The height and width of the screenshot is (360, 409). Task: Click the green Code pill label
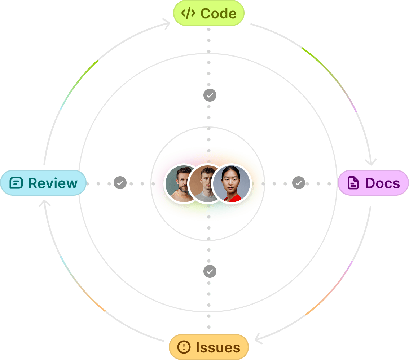pyautogui.click(x=209, y=13)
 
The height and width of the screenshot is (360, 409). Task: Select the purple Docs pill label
pyautogui.click(x=373, y=183)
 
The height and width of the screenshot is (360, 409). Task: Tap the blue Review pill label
pyautogui.click(x=43, y=183)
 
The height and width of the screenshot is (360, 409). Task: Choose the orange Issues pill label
pyautogui.click(x=209, y=347)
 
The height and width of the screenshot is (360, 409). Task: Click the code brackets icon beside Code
pyautogui.click(x=188, y=13)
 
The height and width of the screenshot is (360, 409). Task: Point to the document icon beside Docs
pyautogui.click(x=353, y=183)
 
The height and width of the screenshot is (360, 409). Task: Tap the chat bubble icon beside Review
pyautogui.click(x=16, y=183)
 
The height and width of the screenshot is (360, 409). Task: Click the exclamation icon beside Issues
pyautogui.click(x=184, y=347)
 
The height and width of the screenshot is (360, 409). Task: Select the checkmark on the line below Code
pyautogui.click(x=210, y=95)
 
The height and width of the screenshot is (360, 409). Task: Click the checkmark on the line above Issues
pyautogui.click(x=210, y=271)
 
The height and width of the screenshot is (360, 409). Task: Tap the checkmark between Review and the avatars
pyautogui.click(x=120, y=183)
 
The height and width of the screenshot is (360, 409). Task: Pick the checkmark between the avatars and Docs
pyautogui.click(x=298, y=183)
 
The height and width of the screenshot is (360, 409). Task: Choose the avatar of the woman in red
pyautogui.click(x=231, y=184)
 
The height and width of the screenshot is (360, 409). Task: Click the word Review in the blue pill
pyautogui.click(x=53, y=183)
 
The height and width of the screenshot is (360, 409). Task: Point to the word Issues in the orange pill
pyautogui.click(x=218, y=347)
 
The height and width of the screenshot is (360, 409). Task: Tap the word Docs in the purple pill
pyautogui.click(x=382, y=183)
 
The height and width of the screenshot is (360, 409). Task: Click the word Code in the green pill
pyautogui.click(x=218, y=13)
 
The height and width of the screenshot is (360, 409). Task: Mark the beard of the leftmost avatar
pyautogui.click(x=182, y=188)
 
